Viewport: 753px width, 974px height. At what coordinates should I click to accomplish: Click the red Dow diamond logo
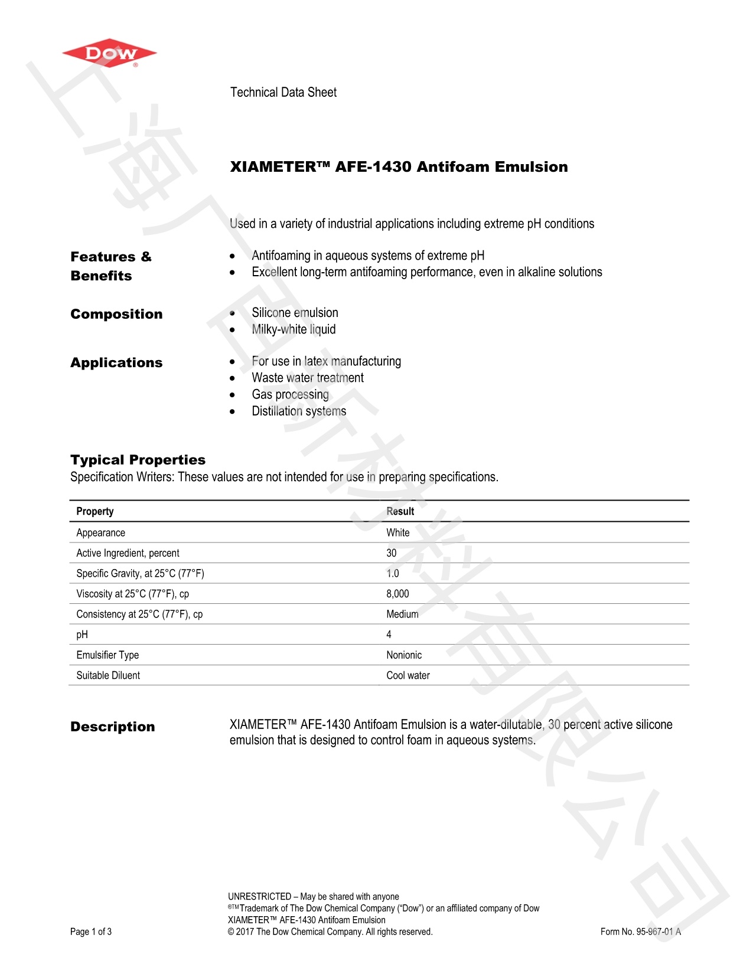click(109, 54)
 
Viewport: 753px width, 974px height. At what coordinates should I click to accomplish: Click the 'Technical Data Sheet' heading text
click(283, 92)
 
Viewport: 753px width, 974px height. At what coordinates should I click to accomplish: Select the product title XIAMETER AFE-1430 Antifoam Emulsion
click(399, 167)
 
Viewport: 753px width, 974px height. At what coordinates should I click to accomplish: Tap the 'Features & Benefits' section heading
click(110, 266)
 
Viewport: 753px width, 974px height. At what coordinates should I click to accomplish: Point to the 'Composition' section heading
click(116, 314)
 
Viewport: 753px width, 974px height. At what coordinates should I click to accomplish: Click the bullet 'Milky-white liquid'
click(294, 329)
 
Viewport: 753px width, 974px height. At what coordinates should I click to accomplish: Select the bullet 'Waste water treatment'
click(308, 378)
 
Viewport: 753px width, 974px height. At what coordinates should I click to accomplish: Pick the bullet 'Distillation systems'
click(299, 411)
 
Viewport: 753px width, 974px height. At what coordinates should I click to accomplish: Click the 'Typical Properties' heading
click(138, 460)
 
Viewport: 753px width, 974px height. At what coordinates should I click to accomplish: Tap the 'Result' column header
click(400, 511)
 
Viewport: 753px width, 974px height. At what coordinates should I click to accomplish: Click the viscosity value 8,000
click(397, 594)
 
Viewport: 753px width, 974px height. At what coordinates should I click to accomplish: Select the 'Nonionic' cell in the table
click(404, 655)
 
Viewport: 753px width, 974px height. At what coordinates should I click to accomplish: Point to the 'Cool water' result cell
click(408, 675)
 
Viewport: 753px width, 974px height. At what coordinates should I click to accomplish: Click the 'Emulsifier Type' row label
click(107, 655)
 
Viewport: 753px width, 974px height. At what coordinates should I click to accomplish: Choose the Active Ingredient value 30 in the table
click(392, 553)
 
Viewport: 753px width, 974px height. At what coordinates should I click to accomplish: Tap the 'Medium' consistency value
click(402, 615)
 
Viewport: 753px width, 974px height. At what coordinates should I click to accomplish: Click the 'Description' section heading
click(113, 727)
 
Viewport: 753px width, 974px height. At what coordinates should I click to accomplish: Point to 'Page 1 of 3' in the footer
click(91, 931)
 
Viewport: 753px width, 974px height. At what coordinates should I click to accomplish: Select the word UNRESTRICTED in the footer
click(259, 897)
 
